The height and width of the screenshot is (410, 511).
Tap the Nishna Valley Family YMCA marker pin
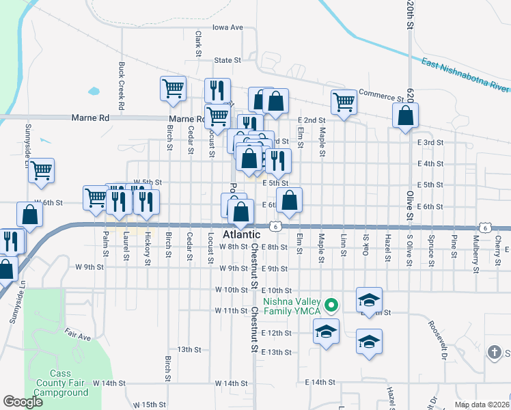331,305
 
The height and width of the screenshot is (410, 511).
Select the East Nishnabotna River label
465,75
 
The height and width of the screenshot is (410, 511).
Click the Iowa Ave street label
227,27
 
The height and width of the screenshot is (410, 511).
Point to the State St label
228,60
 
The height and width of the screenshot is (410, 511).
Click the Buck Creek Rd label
121,87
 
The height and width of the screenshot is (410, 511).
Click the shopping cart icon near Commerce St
344,102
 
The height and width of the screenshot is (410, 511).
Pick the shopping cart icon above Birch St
173,88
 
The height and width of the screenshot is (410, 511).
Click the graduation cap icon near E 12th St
326,332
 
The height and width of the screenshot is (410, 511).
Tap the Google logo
22,402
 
